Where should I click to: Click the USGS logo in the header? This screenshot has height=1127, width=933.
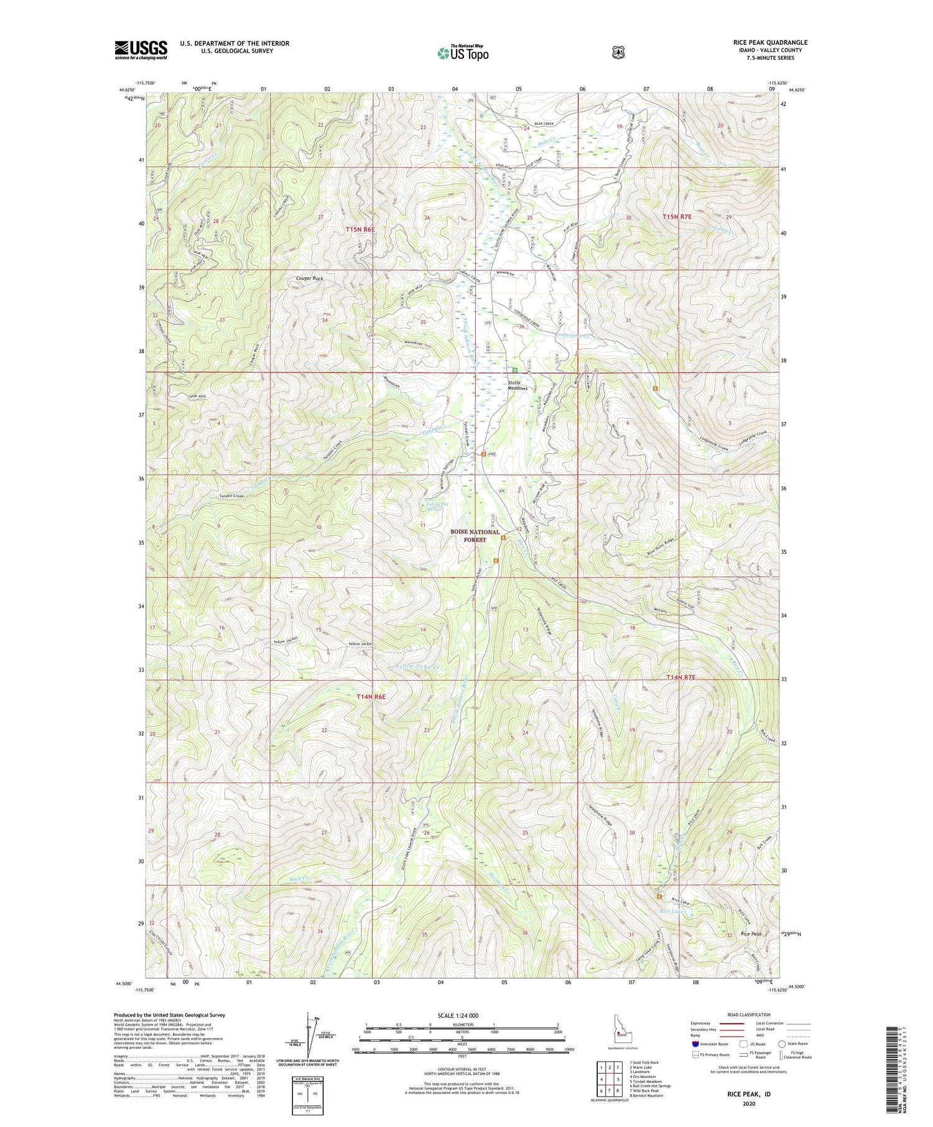click(141, 50)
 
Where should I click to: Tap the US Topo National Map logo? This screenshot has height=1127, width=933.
click(463, 52)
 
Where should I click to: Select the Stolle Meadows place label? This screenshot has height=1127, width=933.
click(518, 385)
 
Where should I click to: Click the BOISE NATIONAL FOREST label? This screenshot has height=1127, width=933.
click(476, 536)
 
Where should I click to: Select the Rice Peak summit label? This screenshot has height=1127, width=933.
click(751, 934)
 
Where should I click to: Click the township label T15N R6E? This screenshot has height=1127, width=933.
click(361, 229)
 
